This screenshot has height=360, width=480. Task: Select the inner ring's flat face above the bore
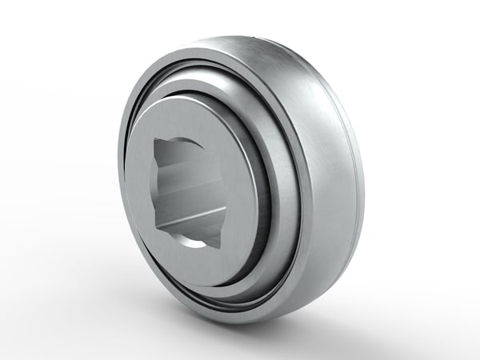tap(192, 120)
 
